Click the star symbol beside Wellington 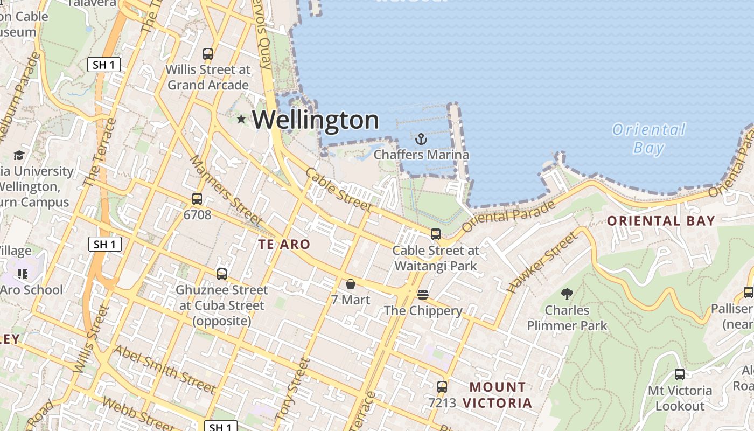pyautogui.click(x=241, y=119)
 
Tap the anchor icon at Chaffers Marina pyautogui.click(x=421, y=139)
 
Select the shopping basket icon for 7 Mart pyautogui.click(x=351, y=284)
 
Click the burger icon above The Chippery pyautogui.click(x=423, y=295)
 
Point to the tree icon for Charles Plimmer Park pyautogui.click(x=567, y=294)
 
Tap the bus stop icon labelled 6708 pyautogui.click(x=197, y=199)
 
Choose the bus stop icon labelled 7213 pyautogui.click(x=442, y=386)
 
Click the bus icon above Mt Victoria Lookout pyautogui.click(x=680, y=374)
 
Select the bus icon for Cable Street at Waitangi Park pyautogui.click(x=436, y=234)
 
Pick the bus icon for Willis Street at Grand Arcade pyautogui.click(x=208, y=54)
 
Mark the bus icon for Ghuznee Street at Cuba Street pyautogui.click(x=222, y=274)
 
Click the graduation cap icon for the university pyautogui.click(x=19, y=156)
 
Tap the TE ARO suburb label pyautogui.click(x=284, y=245)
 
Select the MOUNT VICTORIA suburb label pyautogui.click(x=498, y=395)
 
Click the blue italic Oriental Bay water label pyautogui.click(x=649, y=138)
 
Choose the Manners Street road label pyautogui.click(x=225, y=191)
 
